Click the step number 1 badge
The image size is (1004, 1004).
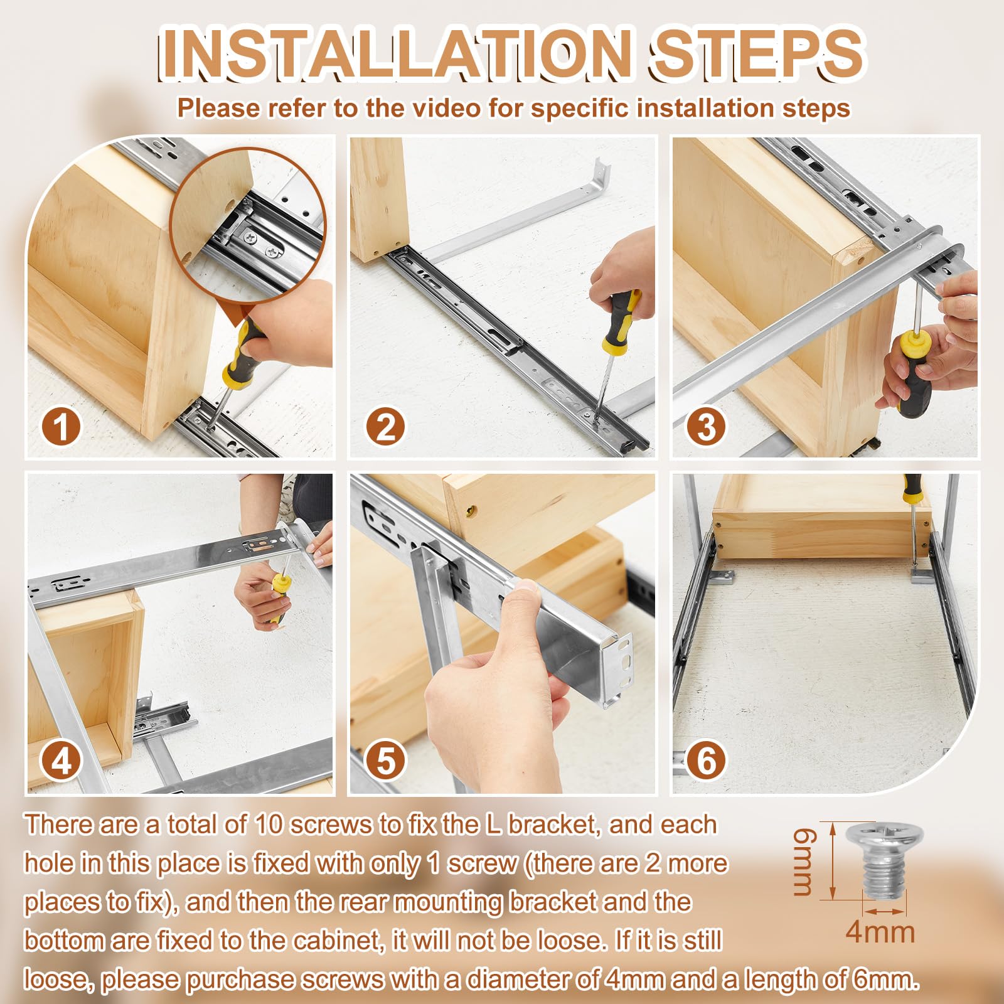61,427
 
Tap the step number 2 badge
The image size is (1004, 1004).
385,427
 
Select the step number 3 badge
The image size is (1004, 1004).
706,427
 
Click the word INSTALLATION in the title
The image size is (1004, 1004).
394,53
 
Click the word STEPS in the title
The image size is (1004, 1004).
758,53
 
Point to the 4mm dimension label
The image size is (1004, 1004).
880,932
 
